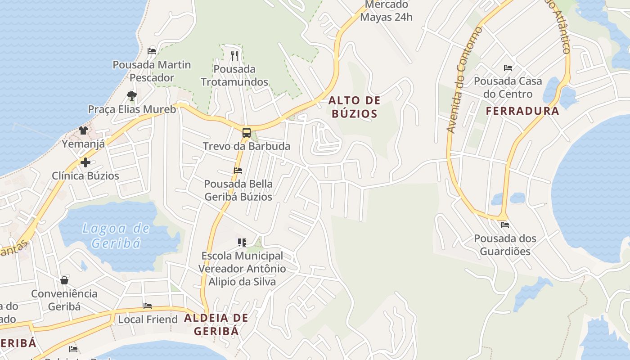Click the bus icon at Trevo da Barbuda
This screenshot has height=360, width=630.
tap(246, 133)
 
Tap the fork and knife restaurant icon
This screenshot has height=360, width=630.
tap(234, 56)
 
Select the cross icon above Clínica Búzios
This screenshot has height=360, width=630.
tap(85, 162)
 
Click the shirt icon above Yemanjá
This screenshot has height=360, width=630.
tap(83, 130)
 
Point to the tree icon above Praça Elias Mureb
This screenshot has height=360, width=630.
tap(131, 95)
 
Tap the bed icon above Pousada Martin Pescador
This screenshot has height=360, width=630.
tap(152, 51)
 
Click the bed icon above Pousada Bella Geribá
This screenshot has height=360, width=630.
tap(238, 171)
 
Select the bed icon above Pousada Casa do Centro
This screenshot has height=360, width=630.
tap(508, 68)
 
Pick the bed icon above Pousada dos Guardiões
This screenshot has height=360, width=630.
tap(504, 225)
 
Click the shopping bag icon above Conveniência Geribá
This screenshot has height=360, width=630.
tap(64, 280)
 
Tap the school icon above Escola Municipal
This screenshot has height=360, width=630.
tap(242, 243)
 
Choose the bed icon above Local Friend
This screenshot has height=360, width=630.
tap(147, 306)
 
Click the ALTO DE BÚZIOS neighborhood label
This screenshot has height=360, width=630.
tap(355, 107)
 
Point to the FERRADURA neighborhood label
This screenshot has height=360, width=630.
tap(522, 111)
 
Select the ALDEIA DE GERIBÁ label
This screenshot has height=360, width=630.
tap(216, 324)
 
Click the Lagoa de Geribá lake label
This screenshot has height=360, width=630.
tap(116, 236)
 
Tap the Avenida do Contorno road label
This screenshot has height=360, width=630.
tap(463, 80)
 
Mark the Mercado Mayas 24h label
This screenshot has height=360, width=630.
tap(387, 11)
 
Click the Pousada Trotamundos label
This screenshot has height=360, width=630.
tap(234, 76)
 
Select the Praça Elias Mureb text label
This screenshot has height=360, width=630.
tap(132, 109)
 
